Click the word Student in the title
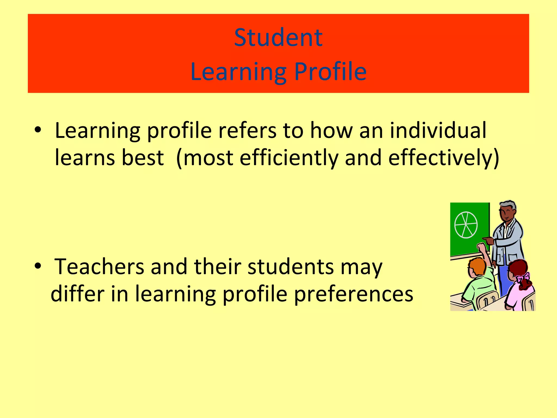[278, 38]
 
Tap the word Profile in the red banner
[330, 71]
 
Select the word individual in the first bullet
[438, 130]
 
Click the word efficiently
[289, 158]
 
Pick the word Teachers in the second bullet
[99, 267]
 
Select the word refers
[247, 130]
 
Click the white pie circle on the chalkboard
[466, 225]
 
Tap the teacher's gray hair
[508, 205]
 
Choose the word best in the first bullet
[143, 158]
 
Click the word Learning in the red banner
[238, 71]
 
